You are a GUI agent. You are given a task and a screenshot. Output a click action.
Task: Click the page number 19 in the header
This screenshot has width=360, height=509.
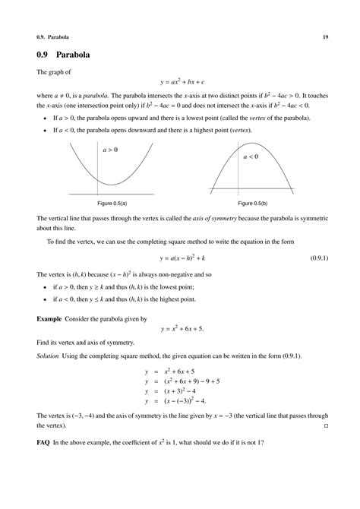coord(324,36)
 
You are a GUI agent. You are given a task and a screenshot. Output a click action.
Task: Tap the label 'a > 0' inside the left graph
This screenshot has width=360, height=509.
coord(110,150)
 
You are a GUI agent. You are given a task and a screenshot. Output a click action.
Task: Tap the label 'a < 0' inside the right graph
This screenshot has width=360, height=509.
coord(251,156)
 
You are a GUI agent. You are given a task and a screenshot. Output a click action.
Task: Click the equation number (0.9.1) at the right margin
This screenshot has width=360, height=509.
coord(319,258)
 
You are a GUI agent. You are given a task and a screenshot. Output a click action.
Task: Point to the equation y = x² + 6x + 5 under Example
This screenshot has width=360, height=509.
coord(182,330)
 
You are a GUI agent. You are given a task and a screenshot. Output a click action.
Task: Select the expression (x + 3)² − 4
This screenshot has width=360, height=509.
coord(182,390)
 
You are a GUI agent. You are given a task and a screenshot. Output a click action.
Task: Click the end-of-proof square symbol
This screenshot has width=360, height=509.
coord(326,425)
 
